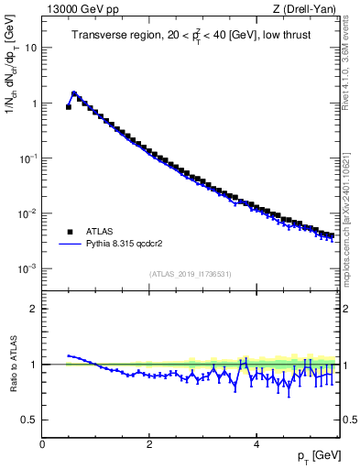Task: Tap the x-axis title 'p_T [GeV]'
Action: coord(314,455)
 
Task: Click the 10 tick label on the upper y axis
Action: coord(30,48)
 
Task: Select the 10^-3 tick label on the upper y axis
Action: coord(27,268)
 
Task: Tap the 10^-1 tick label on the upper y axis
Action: coord(27,158)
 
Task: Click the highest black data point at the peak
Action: coord(74,93)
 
